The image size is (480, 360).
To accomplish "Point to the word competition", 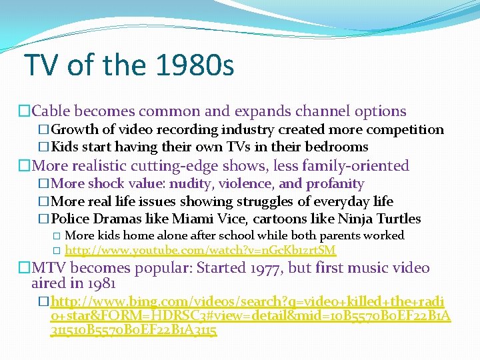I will [x=406, y=129].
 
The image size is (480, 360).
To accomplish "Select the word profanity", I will [x=333, y=183].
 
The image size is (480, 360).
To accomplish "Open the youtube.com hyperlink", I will [x=200, y=251].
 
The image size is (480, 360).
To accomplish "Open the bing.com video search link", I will [x=251, y=313].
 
